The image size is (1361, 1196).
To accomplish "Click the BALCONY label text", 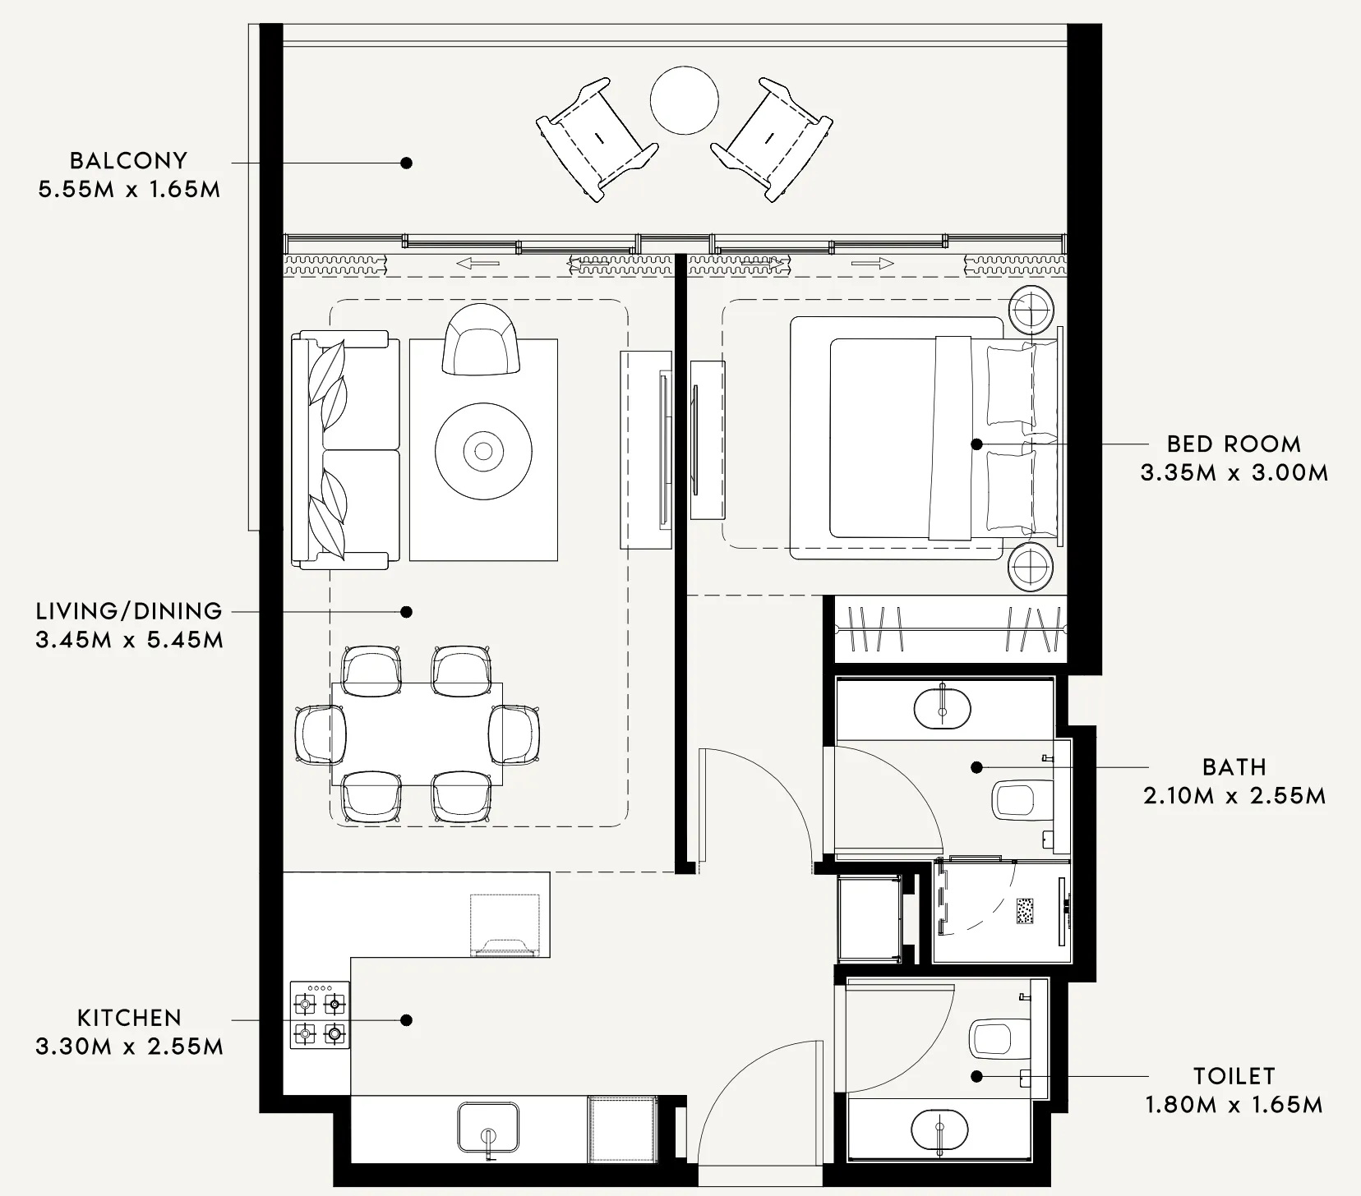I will (x=128, y=160).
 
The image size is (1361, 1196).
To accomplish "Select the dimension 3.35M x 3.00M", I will (x=1234, y=473).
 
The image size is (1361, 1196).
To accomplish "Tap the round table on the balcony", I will (x=684, y=99).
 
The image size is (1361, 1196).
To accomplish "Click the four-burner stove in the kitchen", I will (x=320, y=1015).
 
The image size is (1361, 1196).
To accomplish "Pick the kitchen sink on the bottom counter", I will (x=488, y=1130).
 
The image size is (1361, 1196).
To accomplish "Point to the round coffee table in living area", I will (x=483, y=451).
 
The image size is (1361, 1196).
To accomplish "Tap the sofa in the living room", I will (x=345, y=450).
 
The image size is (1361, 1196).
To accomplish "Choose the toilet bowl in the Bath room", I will (x=1017, y=799).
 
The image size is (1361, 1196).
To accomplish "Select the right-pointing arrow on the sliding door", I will (x=872, y=264).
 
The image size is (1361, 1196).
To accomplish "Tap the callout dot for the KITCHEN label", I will (x=405, y=1020).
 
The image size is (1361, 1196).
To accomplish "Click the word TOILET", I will (x=1234, y=1076).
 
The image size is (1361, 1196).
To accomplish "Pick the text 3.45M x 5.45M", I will (x=129, y=640).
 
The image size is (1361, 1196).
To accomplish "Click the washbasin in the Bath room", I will (x=943, y=707).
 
